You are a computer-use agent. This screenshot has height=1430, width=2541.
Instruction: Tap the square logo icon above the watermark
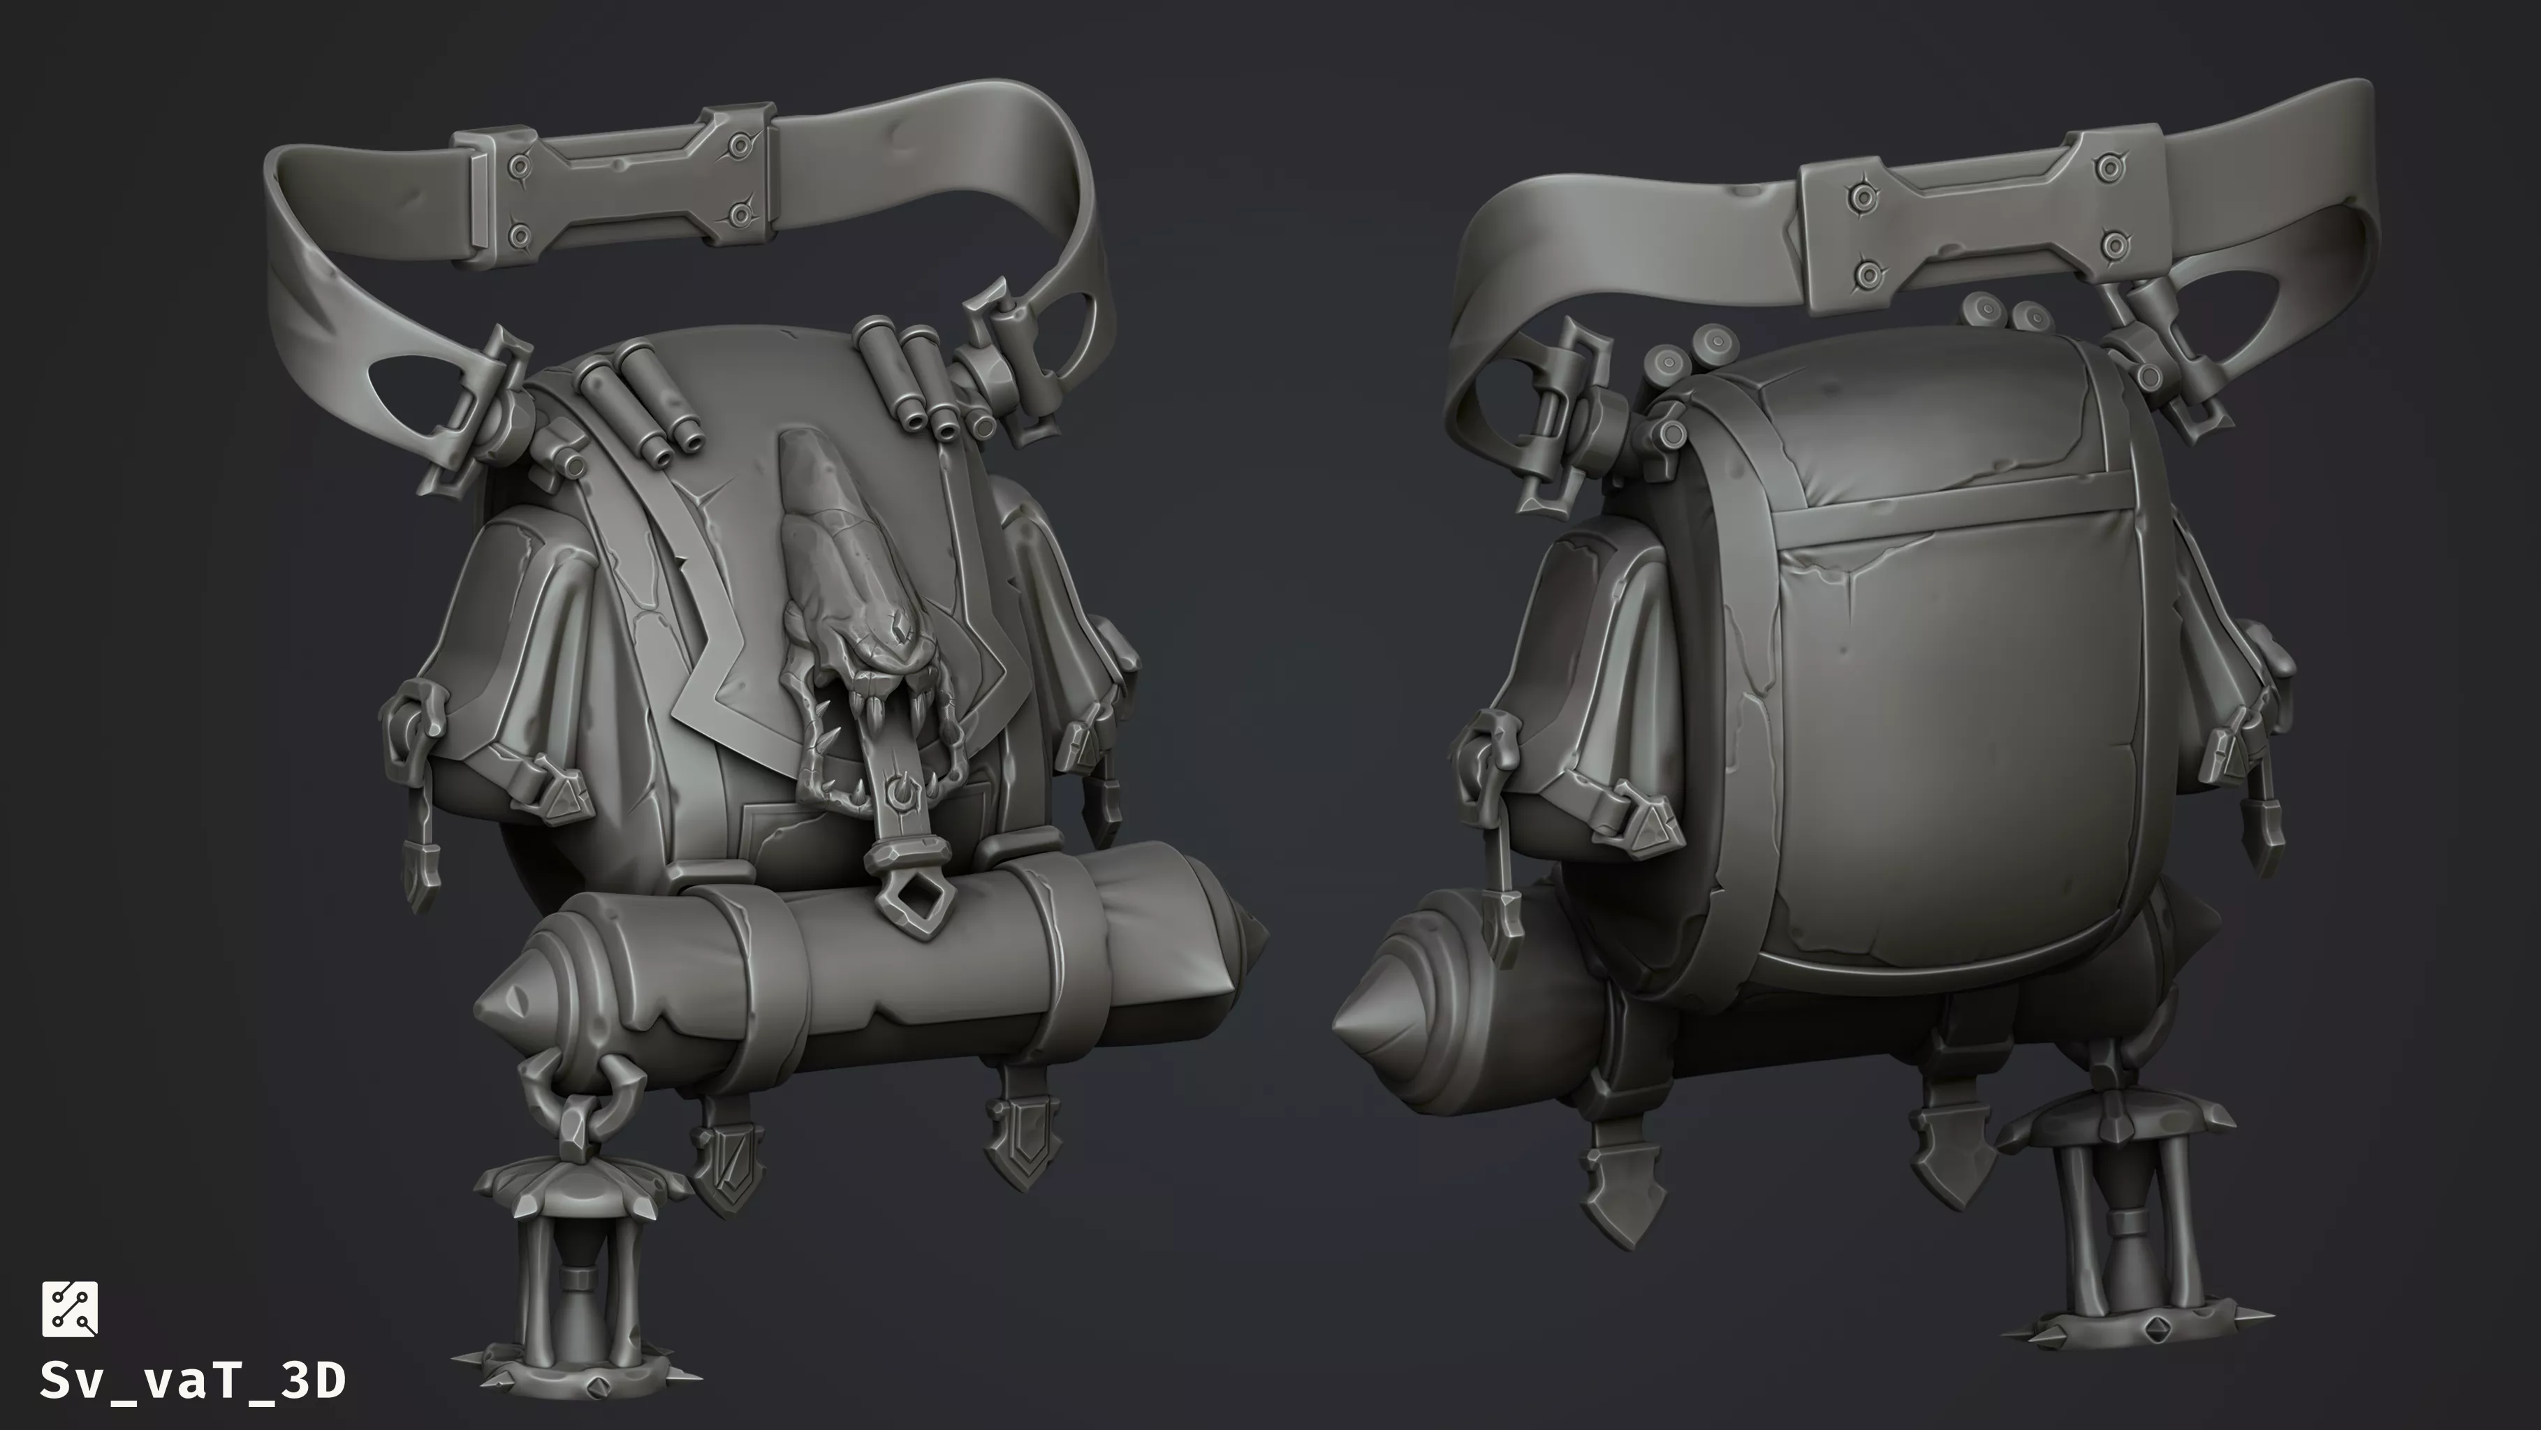69,1309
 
